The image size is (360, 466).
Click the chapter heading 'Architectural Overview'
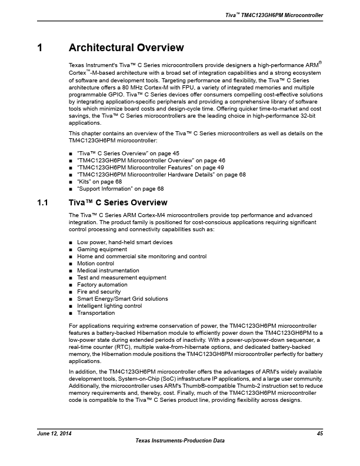click(126, 48)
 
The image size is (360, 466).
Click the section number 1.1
click(42, 202)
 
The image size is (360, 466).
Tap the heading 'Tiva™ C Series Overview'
click(118, 202)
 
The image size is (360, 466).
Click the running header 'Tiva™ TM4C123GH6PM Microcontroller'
click(275, 15)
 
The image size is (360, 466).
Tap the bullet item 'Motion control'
click(95, 264)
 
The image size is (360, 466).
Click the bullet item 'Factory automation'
click(102, 285)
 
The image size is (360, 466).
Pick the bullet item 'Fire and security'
click(99, 292)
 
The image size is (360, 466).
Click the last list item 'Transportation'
click(96, 313)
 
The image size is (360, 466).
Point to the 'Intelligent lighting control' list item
click(109, 306)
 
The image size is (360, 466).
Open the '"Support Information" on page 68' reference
click(120, 189)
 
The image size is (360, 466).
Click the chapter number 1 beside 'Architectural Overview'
click(39, 48)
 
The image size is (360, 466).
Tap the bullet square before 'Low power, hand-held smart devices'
click(71, 242)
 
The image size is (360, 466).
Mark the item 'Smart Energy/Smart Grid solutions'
click(118, 299)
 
